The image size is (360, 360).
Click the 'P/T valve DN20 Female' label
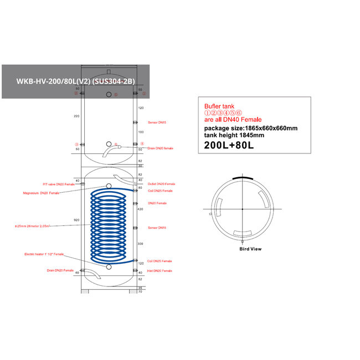pos(59,184)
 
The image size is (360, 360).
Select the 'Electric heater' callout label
pos(44,254)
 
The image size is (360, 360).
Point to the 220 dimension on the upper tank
pos(76,116)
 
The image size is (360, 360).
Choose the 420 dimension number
pos(141,209)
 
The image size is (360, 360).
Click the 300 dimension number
pos(141,243)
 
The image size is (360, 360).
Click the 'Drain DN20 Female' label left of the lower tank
pos(60,270)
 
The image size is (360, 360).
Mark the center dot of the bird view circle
pos(242,208)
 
